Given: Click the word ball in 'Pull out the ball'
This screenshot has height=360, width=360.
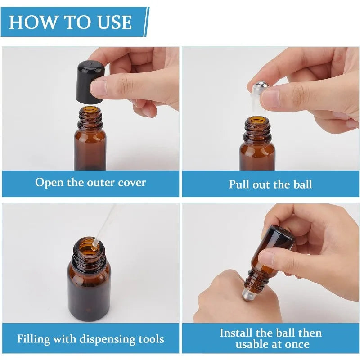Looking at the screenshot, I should point(302,184).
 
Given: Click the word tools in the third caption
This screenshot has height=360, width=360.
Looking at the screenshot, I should point(150,339).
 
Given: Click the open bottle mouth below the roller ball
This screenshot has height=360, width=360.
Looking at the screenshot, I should point(258,121).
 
